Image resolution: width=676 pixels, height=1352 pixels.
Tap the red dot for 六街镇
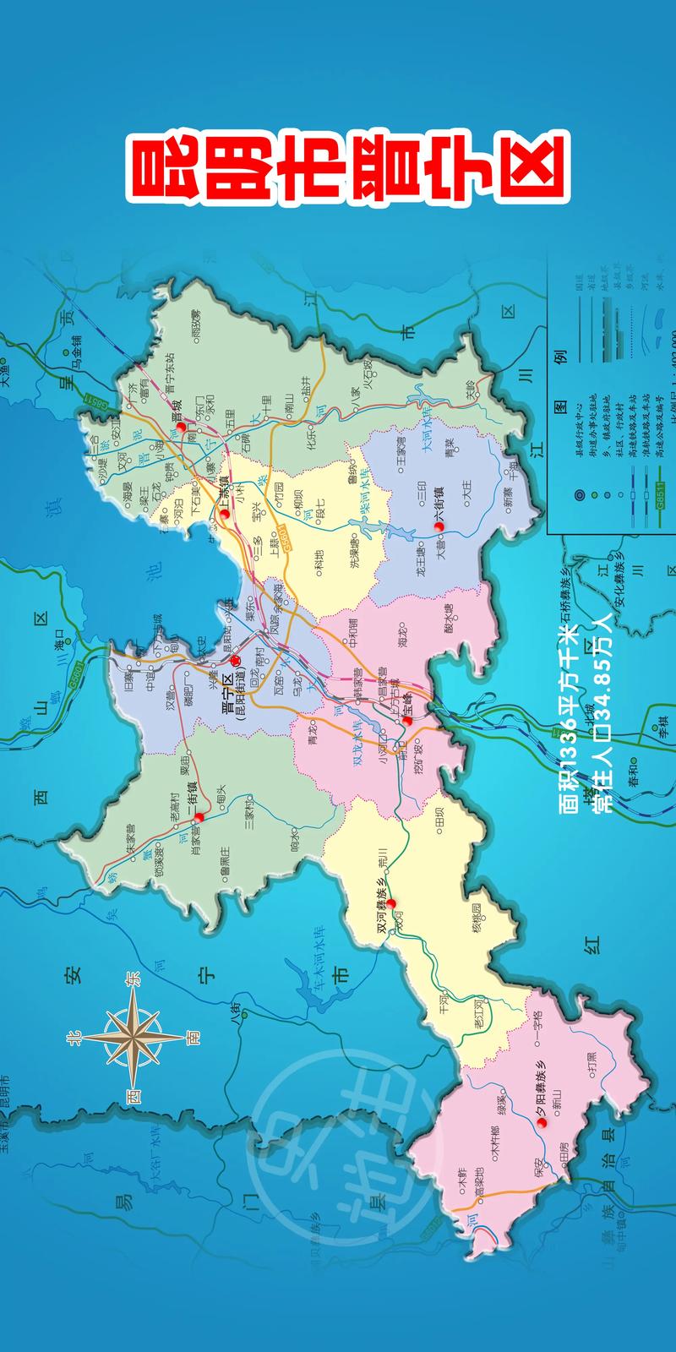tap(439, 526)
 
